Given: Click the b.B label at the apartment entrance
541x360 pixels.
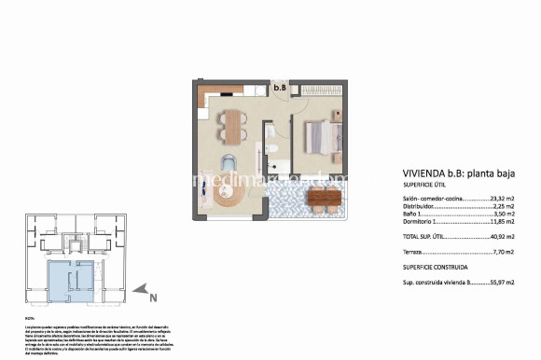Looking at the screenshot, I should [280, 89].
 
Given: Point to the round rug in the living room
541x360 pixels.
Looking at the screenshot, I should [229, 195].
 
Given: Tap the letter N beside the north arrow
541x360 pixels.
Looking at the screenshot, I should [154, 298].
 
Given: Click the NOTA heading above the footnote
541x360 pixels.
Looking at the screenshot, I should [29, 318].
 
